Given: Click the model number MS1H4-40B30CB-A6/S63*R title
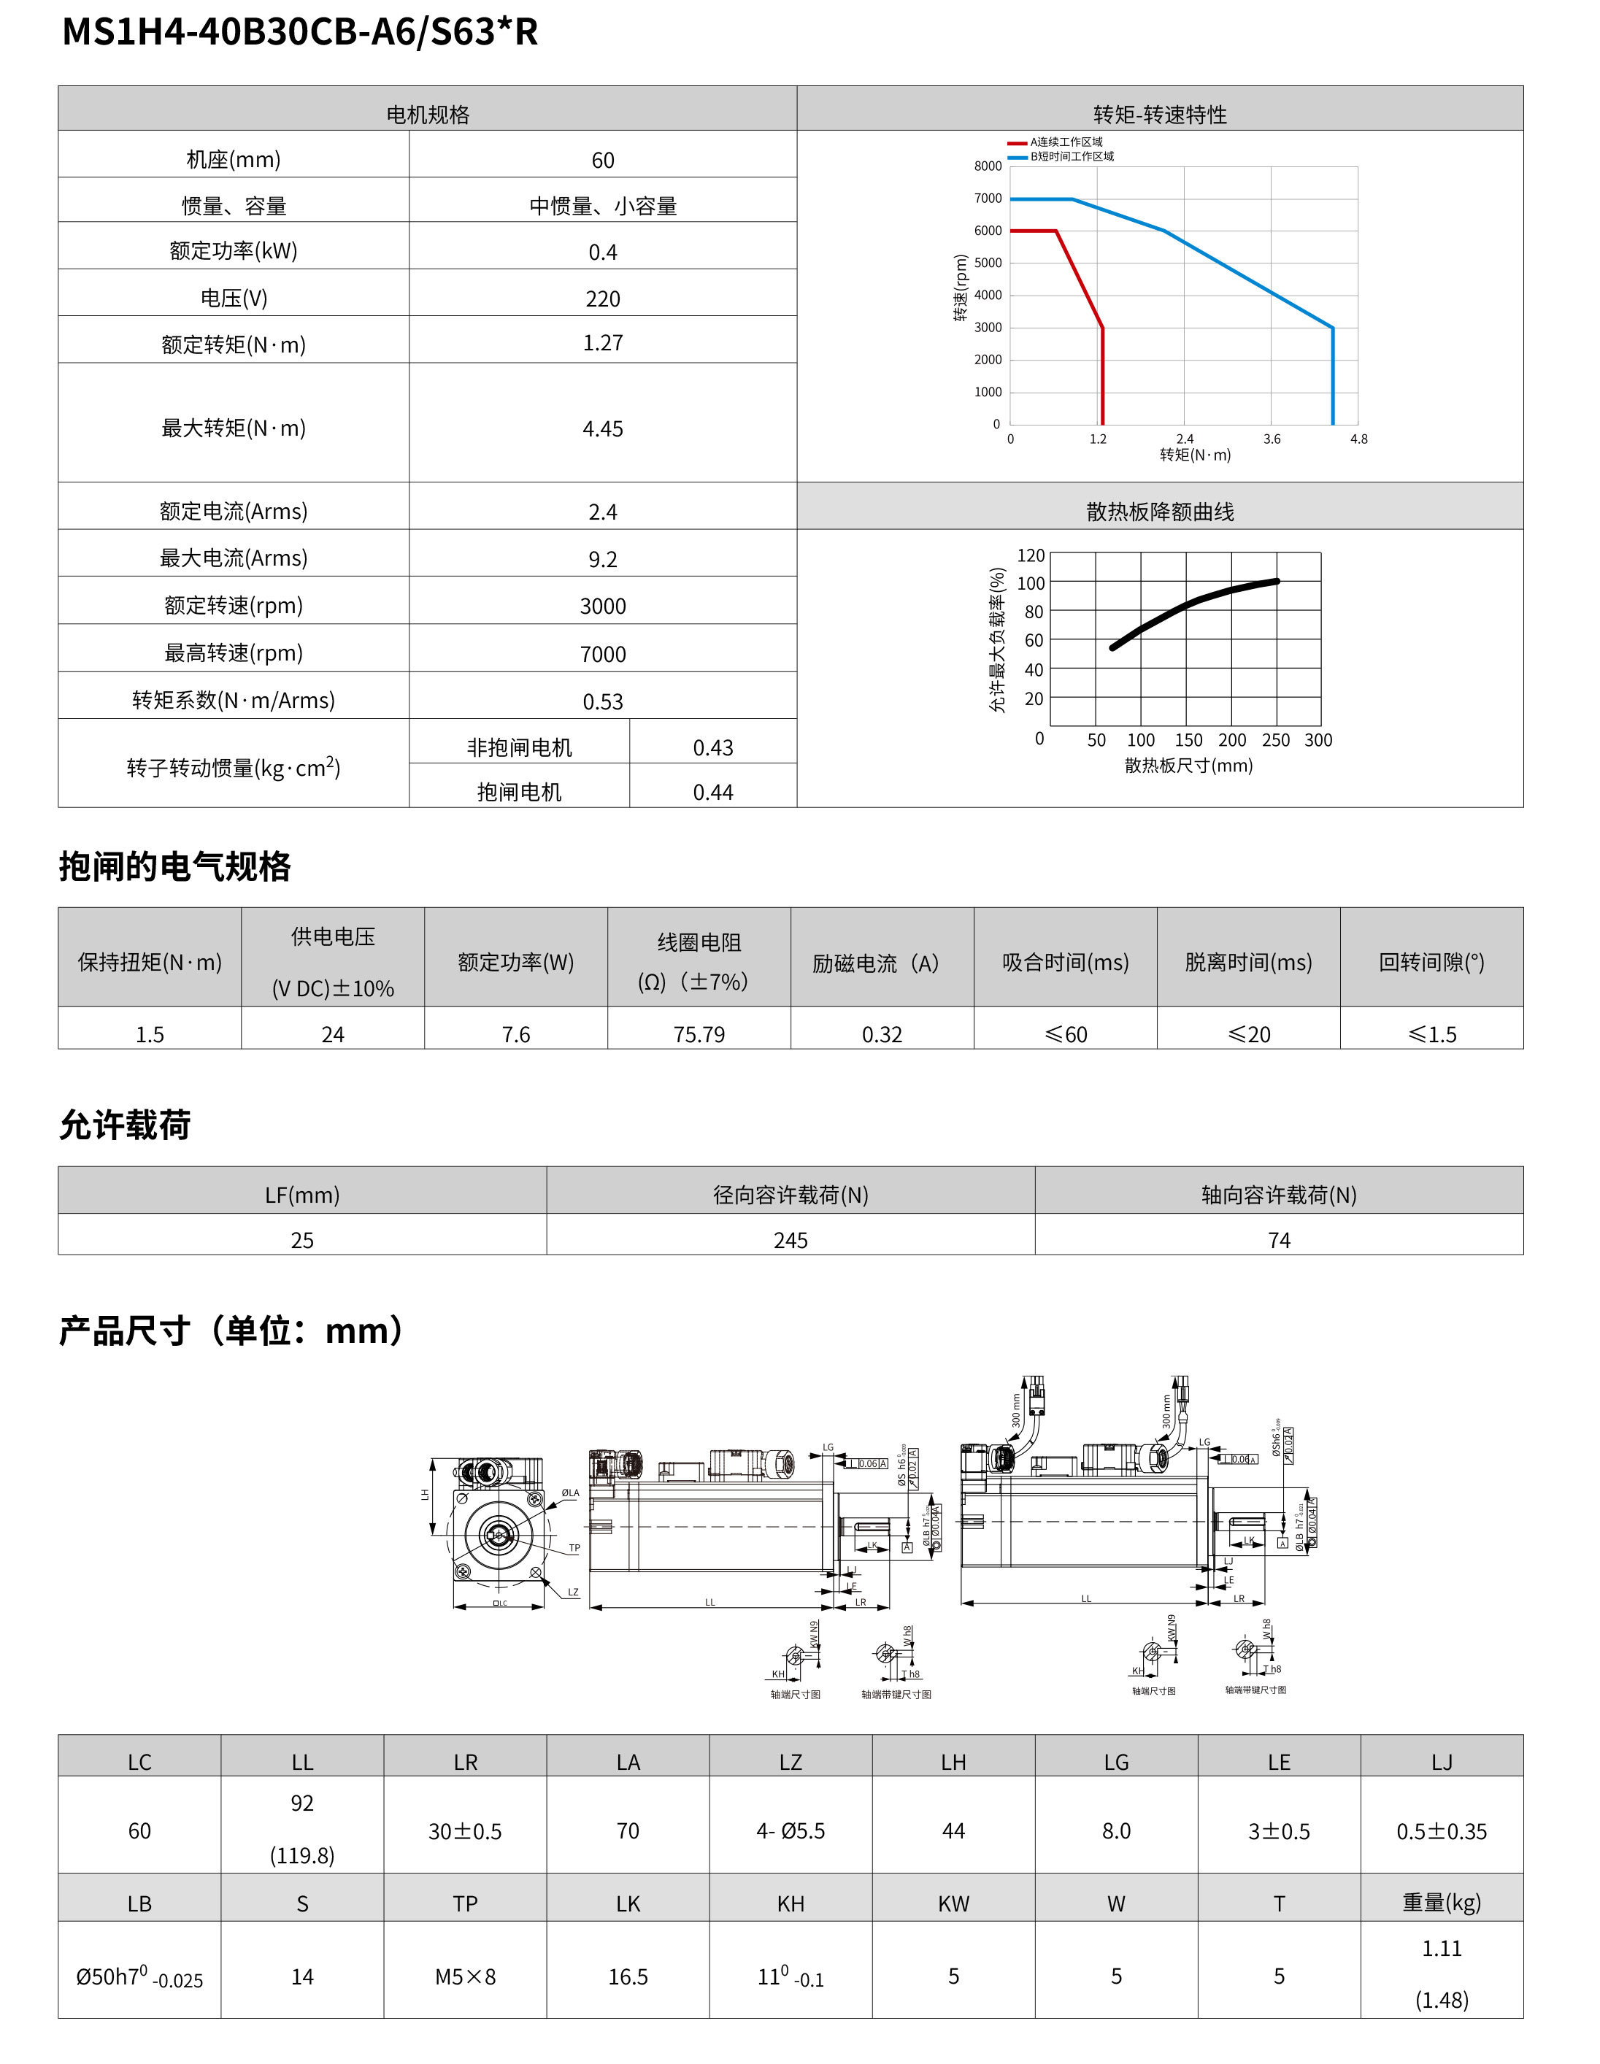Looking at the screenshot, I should coord(299,32).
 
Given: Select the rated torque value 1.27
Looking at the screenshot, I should coord(602,343).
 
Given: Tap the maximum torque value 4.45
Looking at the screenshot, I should coord(602,429).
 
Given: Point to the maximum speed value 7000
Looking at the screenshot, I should coord(602,654).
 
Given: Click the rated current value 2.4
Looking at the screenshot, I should coord(602,512).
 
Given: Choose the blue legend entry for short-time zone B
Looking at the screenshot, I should coord(1061,157).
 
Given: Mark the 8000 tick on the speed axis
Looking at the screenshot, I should coord(988,166).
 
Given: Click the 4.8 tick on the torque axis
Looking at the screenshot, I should coord(1358,439).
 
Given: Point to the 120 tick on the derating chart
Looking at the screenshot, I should coord(1030,555).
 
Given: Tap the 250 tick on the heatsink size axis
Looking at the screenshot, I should coord(1275,740).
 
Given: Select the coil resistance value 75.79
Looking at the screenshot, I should coord(699,1035).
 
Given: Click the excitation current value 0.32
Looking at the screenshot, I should coord(882,1035).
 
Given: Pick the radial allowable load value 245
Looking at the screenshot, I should coord(790,1240).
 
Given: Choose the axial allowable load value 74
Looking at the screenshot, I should coord(1279,1240).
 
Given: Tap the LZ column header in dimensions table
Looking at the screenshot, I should coord(790,1763).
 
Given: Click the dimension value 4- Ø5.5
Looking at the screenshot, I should coord(790,1831).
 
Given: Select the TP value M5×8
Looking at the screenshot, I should coord(465,1977).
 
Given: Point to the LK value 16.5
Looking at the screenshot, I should coord(628,1977).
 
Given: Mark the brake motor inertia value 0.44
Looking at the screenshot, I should coord(712,792).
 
